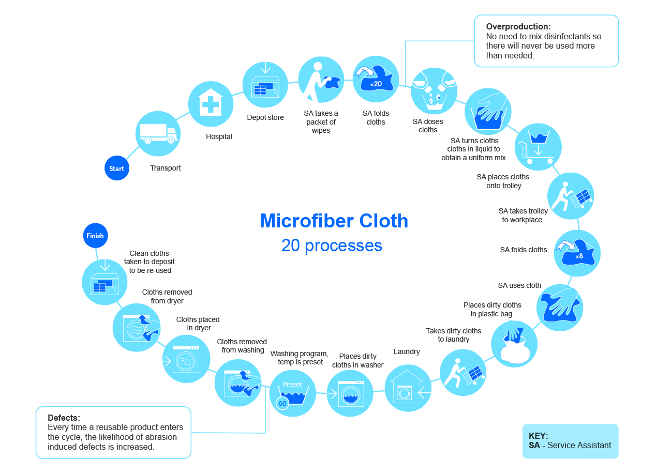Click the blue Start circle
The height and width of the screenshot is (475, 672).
pos(116,168)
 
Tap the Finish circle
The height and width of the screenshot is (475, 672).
pos(95,236)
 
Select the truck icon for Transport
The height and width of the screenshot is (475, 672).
pos(158,133)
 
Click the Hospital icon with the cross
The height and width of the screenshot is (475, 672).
pos(210,103)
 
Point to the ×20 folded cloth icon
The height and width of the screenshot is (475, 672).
pos(376,79)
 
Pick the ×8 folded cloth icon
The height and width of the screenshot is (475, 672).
pos(577,253)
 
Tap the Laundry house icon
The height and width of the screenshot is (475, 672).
pos(408,389)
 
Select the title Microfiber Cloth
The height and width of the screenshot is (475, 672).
pos(334,221)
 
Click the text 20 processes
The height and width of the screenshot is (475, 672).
pos(332,245)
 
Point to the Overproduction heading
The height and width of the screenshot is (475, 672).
pos(518,26)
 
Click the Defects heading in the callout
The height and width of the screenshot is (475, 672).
pos(64,418)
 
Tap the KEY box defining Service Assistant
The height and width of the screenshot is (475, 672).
pos(570,440)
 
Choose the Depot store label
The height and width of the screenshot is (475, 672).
pos(265,117)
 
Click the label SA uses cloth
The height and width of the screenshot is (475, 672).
pos(519,285)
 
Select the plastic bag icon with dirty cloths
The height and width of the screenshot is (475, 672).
pos(514,344)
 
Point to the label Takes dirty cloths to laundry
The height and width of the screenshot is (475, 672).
pos(453,335)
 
